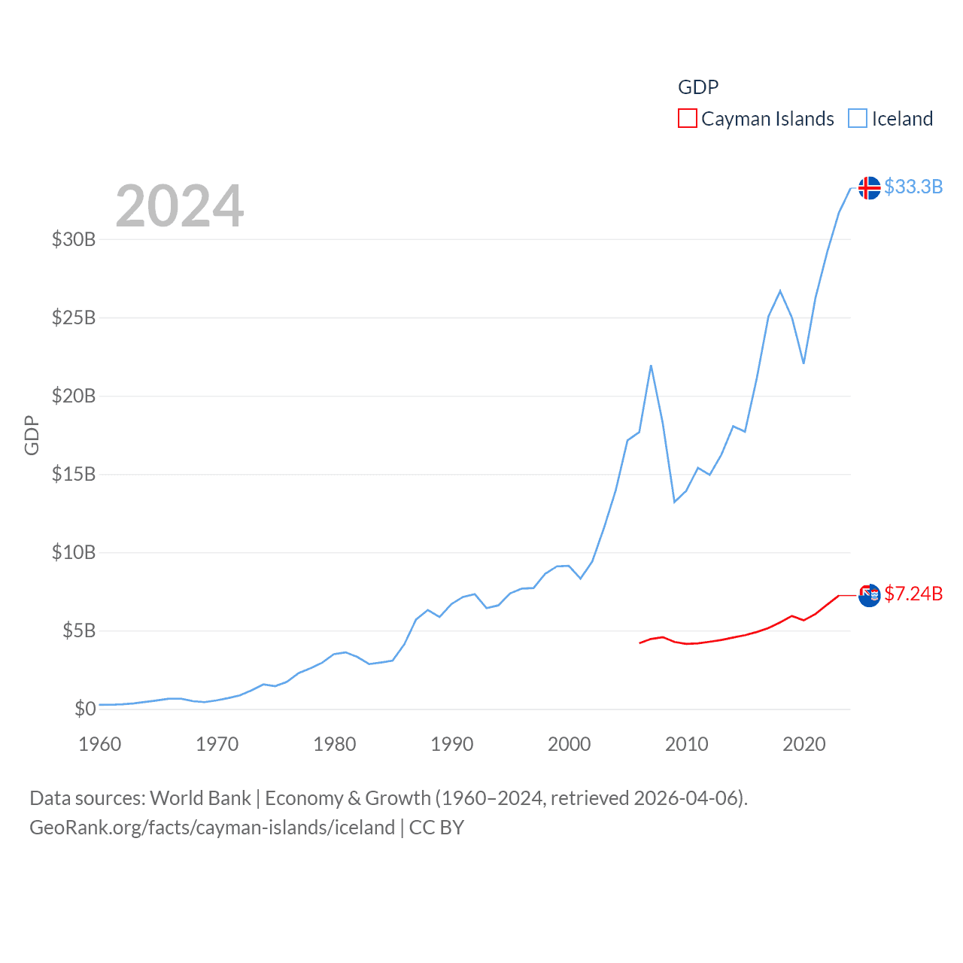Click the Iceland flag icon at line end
[869, 187]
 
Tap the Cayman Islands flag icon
[869, 595]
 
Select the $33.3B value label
[913, 187]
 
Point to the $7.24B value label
[913, 594]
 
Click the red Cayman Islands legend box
[687, 118]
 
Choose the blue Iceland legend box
[857, 118]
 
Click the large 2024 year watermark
[180, 206]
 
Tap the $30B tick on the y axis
[74, 239]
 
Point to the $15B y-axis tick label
[74, 474]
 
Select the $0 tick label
[85, 709]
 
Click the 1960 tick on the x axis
[100, 744]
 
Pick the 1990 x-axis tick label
[452, 744]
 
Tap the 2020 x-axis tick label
[804, 744]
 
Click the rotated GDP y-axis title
[32, 435]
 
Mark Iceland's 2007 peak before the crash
[651, 366]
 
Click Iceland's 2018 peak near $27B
[780, 290]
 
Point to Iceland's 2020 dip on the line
[804, 363]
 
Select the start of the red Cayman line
[639, 643]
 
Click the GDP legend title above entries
[698, 87]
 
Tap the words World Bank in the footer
[200, 797]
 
